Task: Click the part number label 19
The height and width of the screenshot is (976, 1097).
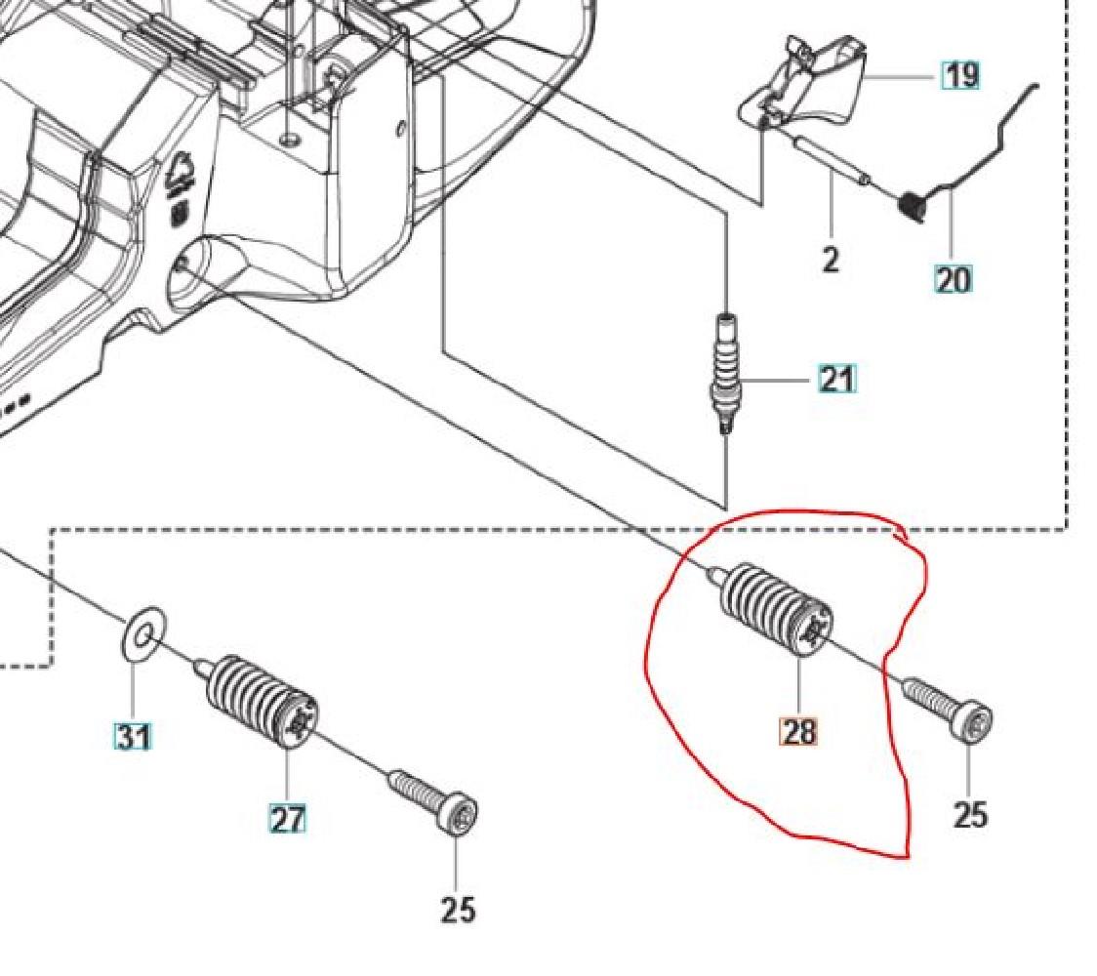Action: click(x=960, y=75)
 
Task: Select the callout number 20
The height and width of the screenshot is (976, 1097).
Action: click(x=954, y=280)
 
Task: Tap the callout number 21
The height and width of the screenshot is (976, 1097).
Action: click(x=835, y=379)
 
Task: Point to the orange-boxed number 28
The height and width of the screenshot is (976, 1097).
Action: click(x=798, y=730)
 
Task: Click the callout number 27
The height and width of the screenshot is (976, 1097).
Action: click(x=287, y=819)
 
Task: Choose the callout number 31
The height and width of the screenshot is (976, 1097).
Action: click(x=133, y=735)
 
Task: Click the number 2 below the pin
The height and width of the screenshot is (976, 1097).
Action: click(x=830, y=260)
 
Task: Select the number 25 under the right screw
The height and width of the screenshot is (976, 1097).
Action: click(x=969, y=813)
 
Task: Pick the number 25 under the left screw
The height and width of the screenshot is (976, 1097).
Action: click(x=457, y=910)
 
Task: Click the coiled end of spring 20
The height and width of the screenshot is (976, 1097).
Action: click(x=913, y=206)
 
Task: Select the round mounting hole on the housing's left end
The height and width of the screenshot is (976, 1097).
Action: click(x=181, y=264)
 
